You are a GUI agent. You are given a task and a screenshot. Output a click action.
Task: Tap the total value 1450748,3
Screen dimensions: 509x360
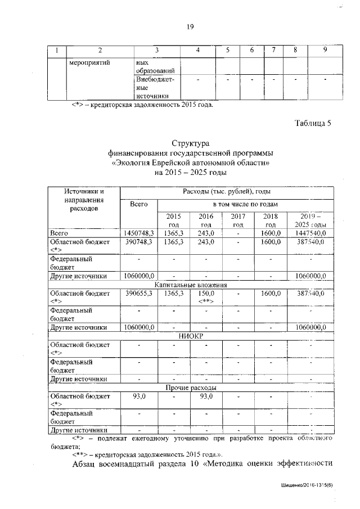139,232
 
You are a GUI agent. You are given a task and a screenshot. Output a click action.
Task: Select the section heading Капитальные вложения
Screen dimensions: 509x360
191,285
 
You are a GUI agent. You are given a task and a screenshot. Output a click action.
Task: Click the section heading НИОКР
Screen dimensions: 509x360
191,336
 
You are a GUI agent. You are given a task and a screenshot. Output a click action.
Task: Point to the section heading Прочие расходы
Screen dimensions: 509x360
191,388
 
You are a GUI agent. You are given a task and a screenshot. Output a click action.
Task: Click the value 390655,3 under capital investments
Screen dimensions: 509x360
139,294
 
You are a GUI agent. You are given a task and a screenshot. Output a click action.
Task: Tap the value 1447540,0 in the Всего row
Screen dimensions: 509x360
310,232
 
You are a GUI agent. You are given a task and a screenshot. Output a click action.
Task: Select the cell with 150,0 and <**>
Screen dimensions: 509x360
206,298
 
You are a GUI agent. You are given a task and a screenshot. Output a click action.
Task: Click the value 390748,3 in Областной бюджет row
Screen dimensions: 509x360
139,241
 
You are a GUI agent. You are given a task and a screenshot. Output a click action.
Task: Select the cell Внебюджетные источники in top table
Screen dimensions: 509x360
155,88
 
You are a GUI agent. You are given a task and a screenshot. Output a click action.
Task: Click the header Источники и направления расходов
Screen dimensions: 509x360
84,200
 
